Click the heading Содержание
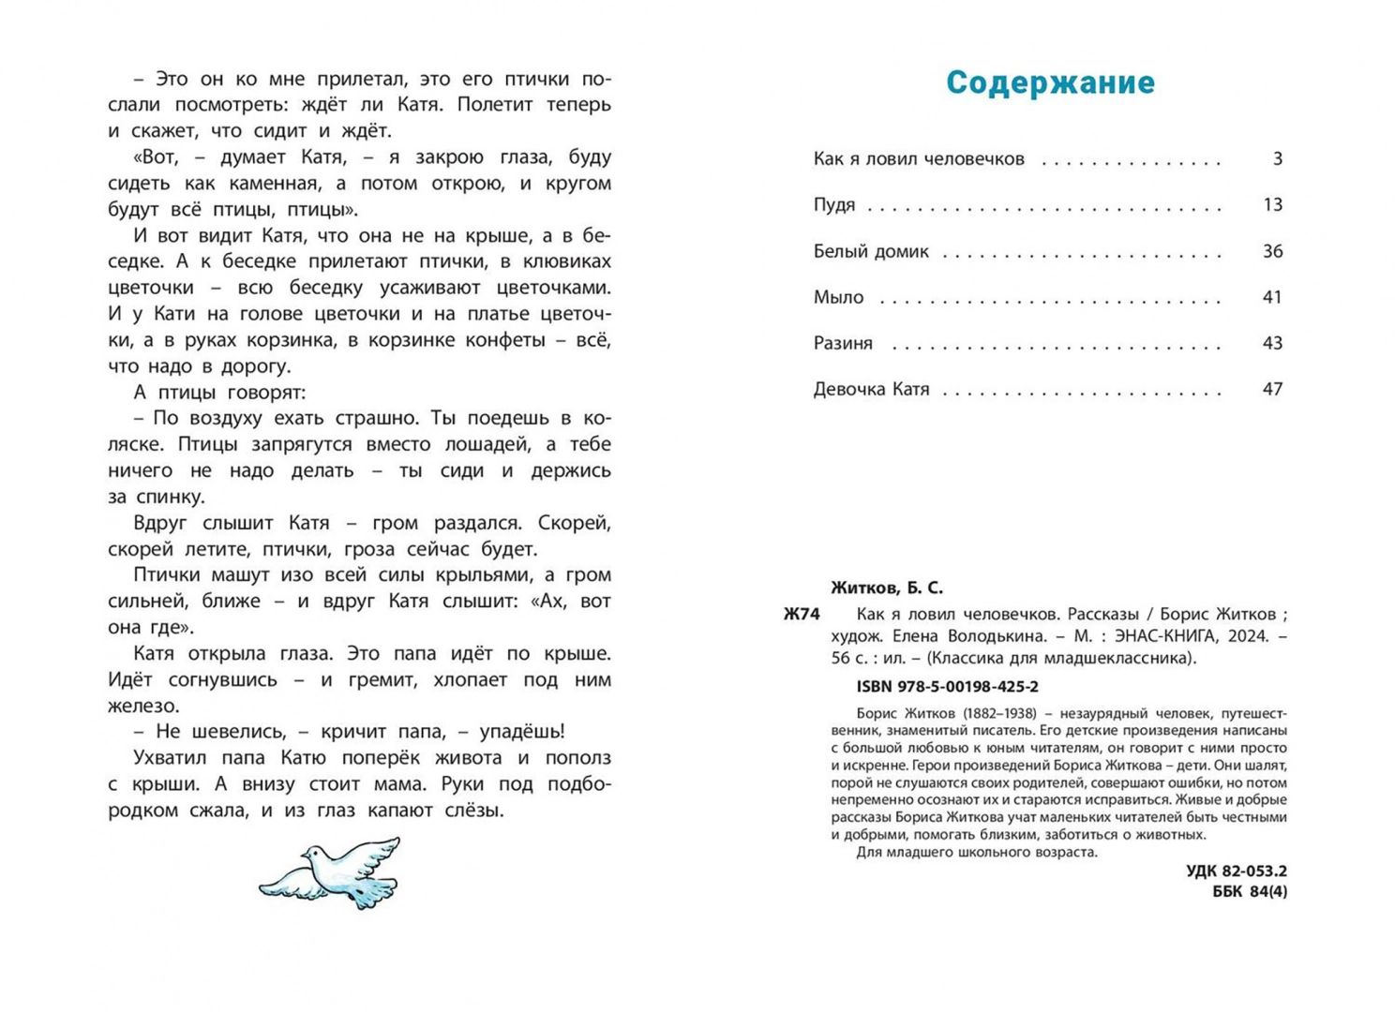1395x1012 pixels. coord(1050,82)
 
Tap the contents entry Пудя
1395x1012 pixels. coord(833,205)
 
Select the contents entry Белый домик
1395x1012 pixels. coord(871,251)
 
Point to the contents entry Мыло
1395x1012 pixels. coord(838,297)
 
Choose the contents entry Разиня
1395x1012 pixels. coord(843,343)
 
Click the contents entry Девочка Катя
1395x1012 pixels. coord(871,389)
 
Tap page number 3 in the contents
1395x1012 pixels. coord(1277,158)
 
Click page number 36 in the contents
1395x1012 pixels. coord(1272,251)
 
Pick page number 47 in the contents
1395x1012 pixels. coord(1272,389)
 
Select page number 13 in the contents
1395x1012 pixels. coord(1272,205)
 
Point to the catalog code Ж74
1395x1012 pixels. coord(802,615)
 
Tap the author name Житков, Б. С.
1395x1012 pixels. coord(887,588)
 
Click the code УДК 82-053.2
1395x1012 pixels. coord(1237,871)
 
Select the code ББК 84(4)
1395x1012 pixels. coord(1250,892)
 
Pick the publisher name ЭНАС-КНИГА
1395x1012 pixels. coord(1165,636)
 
